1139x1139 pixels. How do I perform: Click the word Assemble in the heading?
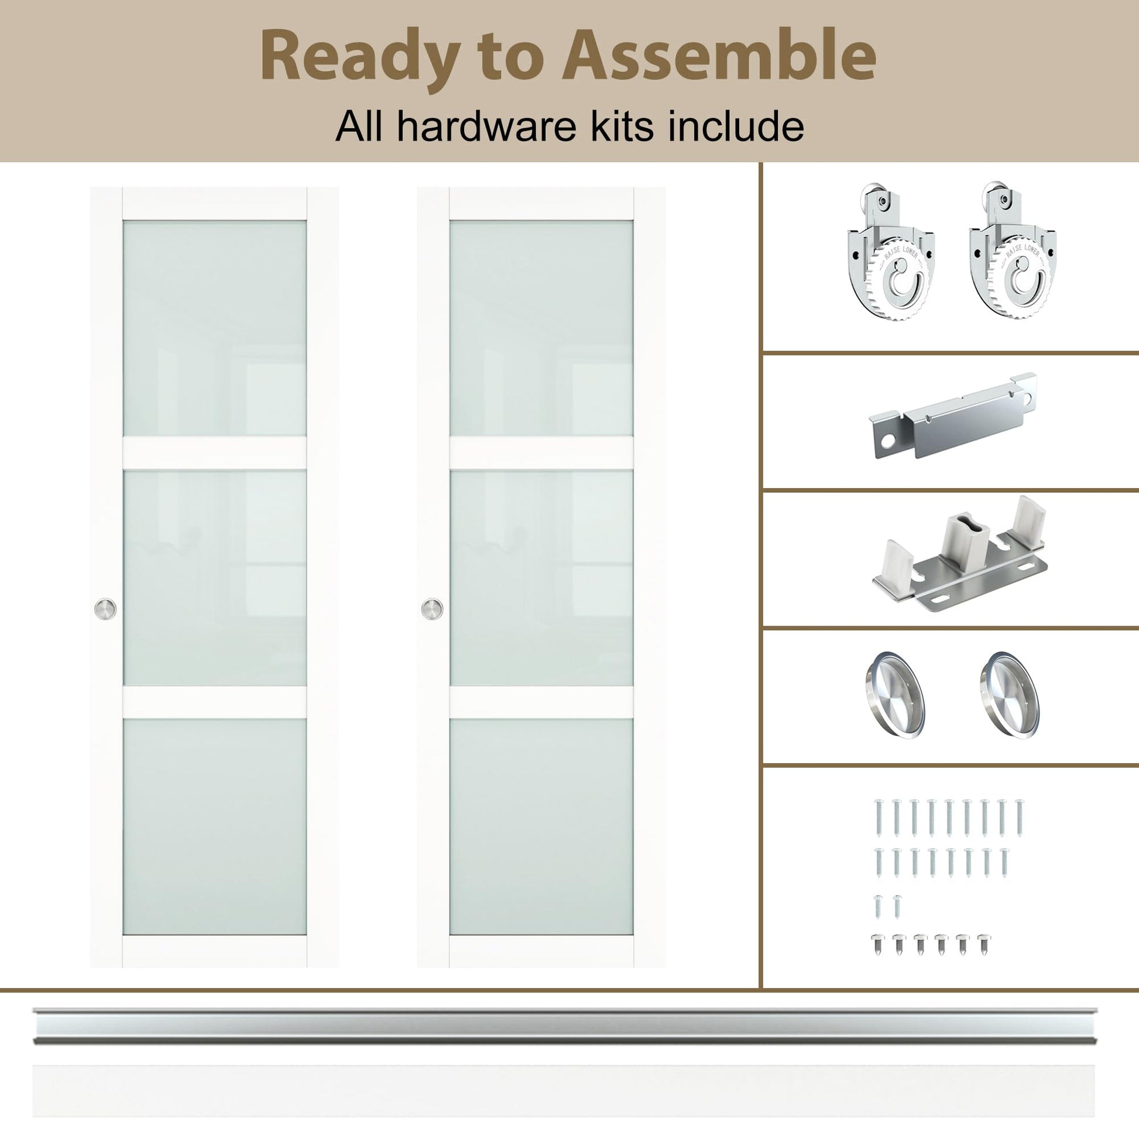pyautogui.click(x=719, y=54)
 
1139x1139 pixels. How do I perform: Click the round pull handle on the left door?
pyautogui.click(x=105, y=609)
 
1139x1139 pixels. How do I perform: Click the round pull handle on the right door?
pyautogui.click(x=432, y=609)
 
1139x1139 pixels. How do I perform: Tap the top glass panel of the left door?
pyautogui.click(x=215, y=328)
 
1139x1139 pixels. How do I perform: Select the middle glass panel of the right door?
pyautogui.click(x=541, y=578)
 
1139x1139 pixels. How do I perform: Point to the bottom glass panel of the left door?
pyautogui.click(x=215, y=826)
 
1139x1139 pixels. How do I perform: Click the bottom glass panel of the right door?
pyautogui.click(x=541, y=826)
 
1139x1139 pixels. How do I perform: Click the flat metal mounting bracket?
pyautogui.click(x=952, y=416)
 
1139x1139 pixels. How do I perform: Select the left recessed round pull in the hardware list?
pyautogui.click(x=894, y=694)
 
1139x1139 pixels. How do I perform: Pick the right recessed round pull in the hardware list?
pyautogui.click(x=1010, y=694)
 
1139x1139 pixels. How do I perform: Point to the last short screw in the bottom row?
pyautogui.click(x=983, y=945)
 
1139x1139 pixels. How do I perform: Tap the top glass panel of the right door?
pyautogui.click(x=541, y=328)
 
